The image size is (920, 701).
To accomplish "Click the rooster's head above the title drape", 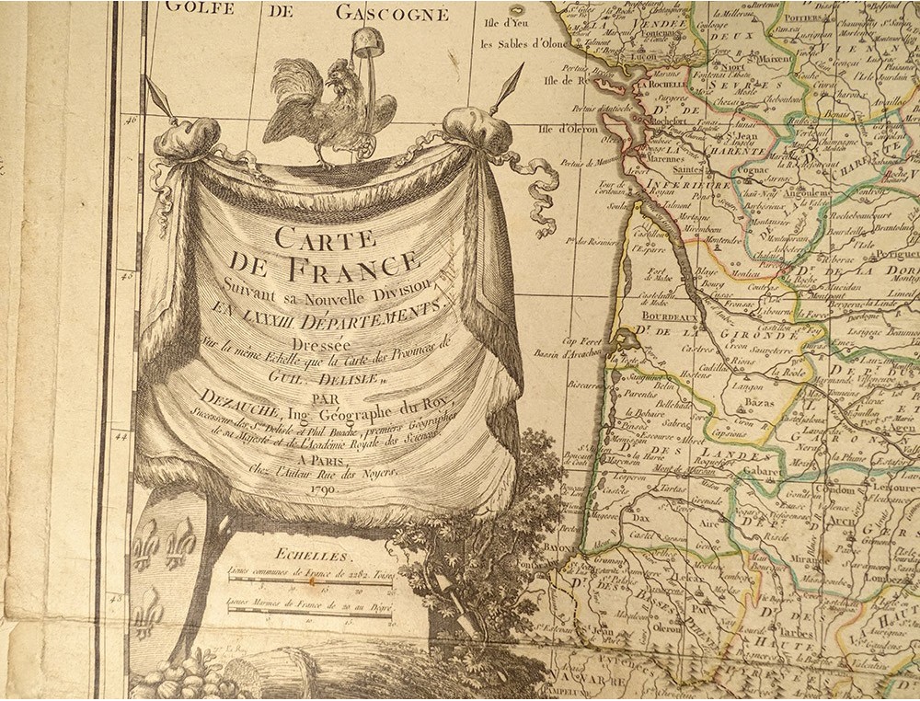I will [x=332, y=75].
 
